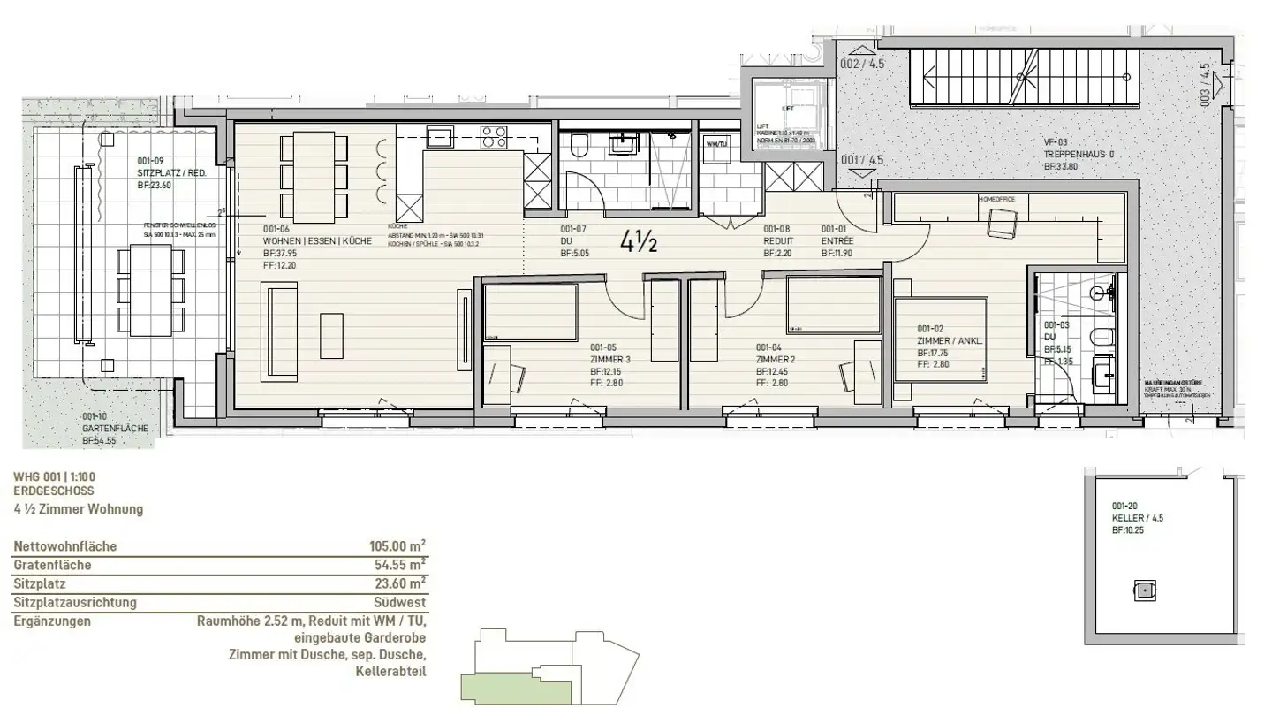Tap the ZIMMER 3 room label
609,360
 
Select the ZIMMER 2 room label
776,360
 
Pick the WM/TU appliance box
715,144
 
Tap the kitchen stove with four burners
494,137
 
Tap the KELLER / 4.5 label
1138,519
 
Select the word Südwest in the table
405,603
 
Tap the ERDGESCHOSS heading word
54,491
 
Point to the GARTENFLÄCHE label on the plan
115,428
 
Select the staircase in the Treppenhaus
1025,76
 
